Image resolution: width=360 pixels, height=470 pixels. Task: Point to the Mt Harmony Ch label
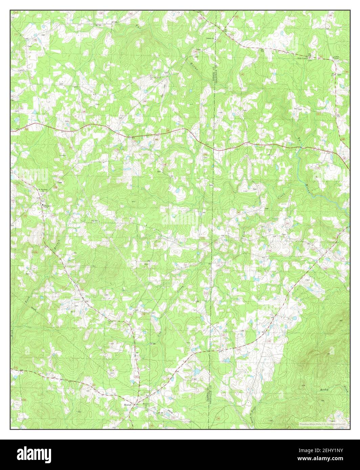click(x=42, y=190)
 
